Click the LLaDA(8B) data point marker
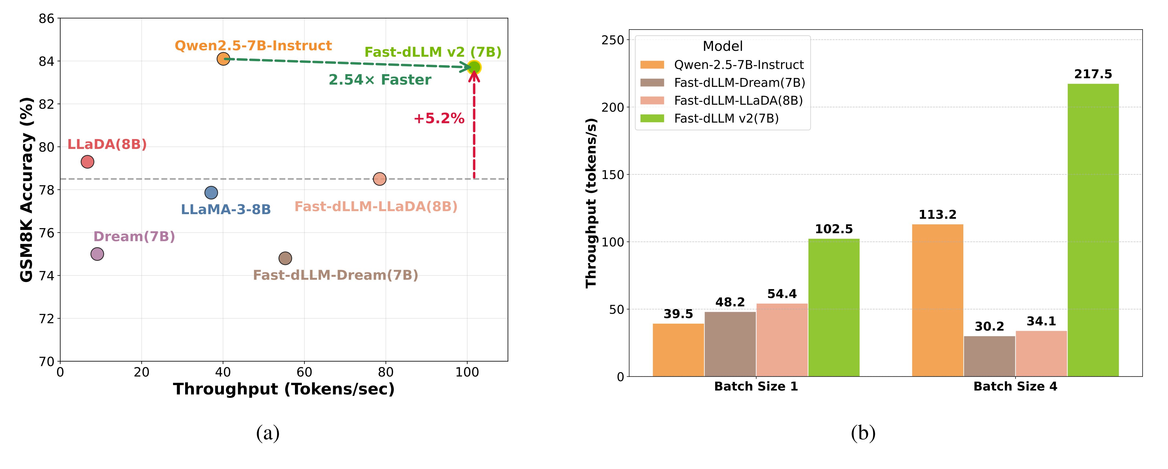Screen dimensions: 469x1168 click(x=87, y=162)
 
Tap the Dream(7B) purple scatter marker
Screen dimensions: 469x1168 click(x=97, y=254)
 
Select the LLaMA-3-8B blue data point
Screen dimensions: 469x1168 click(x=211, y=192)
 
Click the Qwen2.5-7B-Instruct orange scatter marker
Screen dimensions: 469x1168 click(x=223, y=58)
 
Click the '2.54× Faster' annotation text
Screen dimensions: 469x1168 click(x=380, y=80)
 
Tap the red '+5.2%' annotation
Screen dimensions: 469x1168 click(x=439, y=119)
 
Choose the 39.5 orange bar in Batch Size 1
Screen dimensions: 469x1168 click(x=678, y=350)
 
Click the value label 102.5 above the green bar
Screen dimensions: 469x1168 click(x=833, y=229)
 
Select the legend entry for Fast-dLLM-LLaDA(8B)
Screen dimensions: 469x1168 click(x=738, y=100)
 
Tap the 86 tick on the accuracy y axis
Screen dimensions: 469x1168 click(x=47, y=19)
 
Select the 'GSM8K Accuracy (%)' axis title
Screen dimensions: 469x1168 click(x=27, y=189)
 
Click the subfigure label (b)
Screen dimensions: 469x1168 click(x=863, y=433)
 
